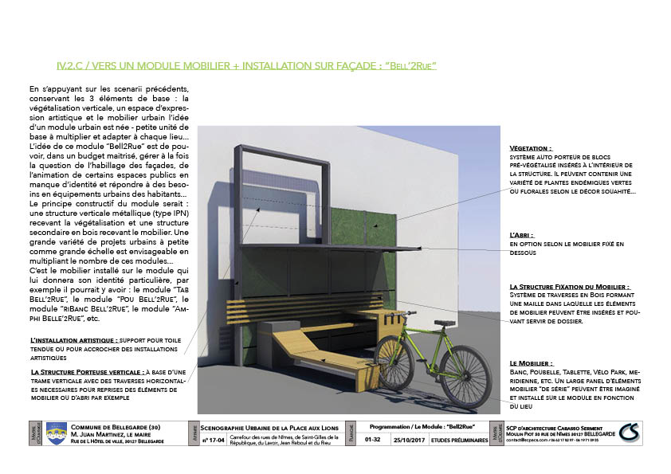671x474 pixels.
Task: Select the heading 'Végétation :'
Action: coord(530,149)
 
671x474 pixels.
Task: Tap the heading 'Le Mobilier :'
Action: coord(531,362)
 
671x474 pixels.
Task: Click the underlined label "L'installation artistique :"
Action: coord(73,340)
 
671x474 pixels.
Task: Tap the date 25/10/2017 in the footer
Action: coord(411,439)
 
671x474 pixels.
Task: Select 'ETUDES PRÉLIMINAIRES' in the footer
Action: coord(459,439)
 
